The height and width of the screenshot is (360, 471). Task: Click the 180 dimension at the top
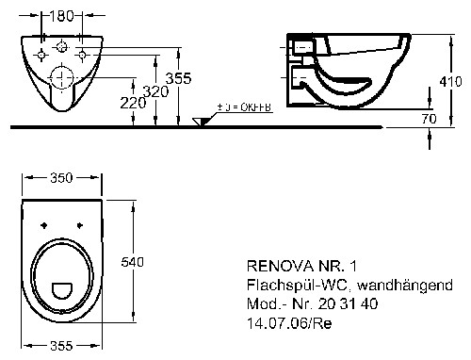coord(61,16)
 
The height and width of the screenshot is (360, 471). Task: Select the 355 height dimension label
coord(178,78)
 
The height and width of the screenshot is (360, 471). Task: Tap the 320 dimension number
coord(155,91)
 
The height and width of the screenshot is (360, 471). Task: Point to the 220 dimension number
coord(133,103)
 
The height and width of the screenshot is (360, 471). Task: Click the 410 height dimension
coord(450,82)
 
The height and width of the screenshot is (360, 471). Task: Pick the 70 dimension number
coord(429,119)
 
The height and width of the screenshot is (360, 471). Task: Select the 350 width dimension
coord(61,178)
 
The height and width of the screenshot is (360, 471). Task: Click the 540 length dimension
coord(132,262)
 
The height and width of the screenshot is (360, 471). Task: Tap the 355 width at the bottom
coord(61,346)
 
